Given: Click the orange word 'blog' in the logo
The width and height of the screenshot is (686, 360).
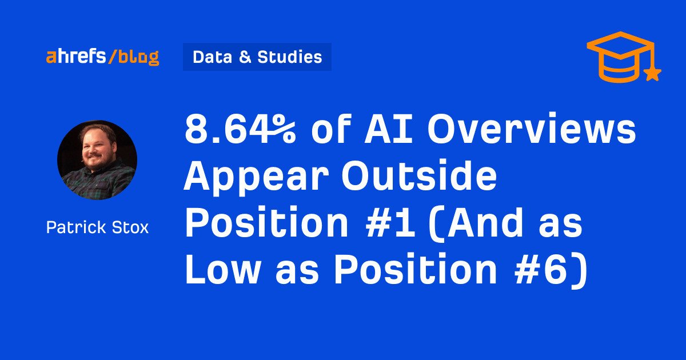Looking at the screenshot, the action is click(x=139, y=57).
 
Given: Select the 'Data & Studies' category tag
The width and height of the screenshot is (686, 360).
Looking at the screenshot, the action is click(x=257, y=57).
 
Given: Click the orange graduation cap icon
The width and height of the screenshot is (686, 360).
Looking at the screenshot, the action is click(x=624, y=57).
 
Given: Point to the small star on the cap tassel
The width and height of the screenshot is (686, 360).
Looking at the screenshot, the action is click(x=653, y=74).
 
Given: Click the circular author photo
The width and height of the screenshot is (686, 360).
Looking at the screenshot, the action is click(x=97, y=160).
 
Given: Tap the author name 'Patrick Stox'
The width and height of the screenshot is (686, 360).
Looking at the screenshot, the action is click(x=97, y=227).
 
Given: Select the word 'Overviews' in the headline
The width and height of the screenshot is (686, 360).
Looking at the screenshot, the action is click(x=531, y=129).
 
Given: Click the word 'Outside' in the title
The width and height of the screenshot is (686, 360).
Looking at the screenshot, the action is click(x=419, y=175).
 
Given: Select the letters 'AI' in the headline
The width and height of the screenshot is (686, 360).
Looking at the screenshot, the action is click(x=388, y=129).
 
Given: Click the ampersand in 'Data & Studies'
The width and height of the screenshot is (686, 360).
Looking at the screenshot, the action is click(x=245, y=57).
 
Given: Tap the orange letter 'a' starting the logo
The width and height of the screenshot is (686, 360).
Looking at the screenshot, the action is click(x=51, y=57).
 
